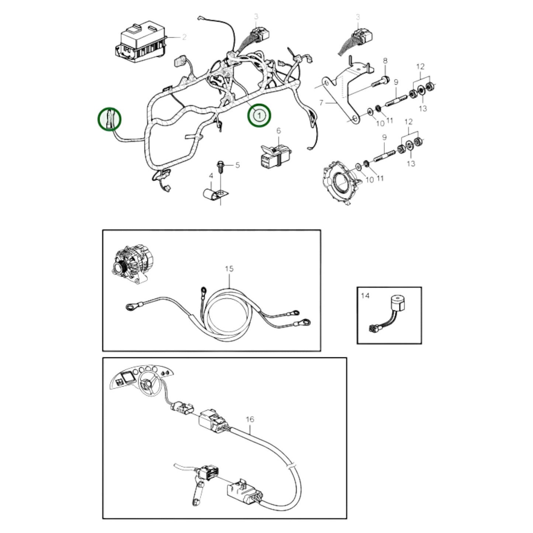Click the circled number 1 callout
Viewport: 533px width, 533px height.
[259, 115]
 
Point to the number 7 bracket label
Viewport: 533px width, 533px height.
[321, 103]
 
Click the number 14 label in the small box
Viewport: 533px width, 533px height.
[365, 296]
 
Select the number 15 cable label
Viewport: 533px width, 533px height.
[229, 269]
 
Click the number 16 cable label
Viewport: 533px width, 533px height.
[250, 419]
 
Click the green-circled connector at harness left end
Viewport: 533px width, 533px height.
[110, 119]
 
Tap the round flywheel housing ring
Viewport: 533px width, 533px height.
[340, 183]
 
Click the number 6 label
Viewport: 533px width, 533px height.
[278, 131]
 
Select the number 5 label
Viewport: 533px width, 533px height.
[237, 165]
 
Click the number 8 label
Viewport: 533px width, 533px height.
[385, 61]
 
